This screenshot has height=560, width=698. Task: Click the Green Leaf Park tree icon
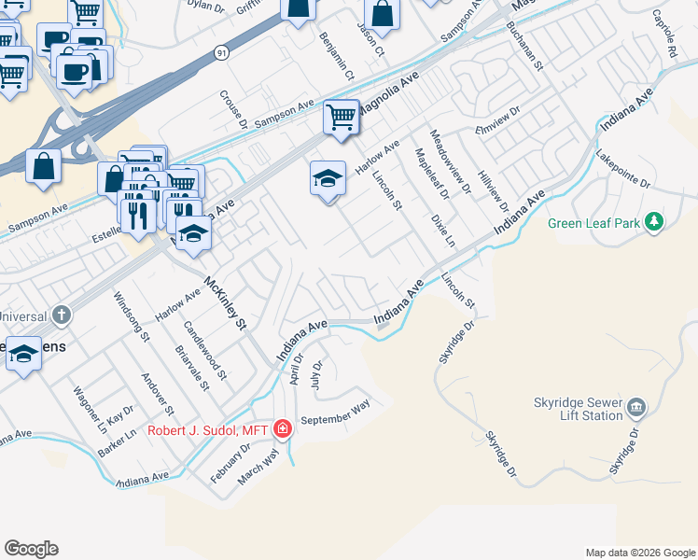click(x=655, y=221)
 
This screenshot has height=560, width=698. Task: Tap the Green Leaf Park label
click(x=594, y=223)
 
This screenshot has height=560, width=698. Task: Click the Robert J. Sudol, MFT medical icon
click(x=283, y=429)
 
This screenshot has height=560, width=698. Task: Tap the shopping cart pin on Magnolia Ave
click(x=342, y=118)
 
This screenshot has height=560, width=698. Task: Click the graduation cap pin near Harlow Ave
click(x=328, y=178)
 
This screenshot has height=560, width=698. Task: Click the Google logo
click(x=31, y=549)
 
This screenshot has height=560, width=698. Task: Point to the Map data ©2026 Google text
click(x=639, y=553)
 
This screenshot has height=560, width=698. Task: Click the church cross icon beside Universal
click(x=62, y=315)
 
